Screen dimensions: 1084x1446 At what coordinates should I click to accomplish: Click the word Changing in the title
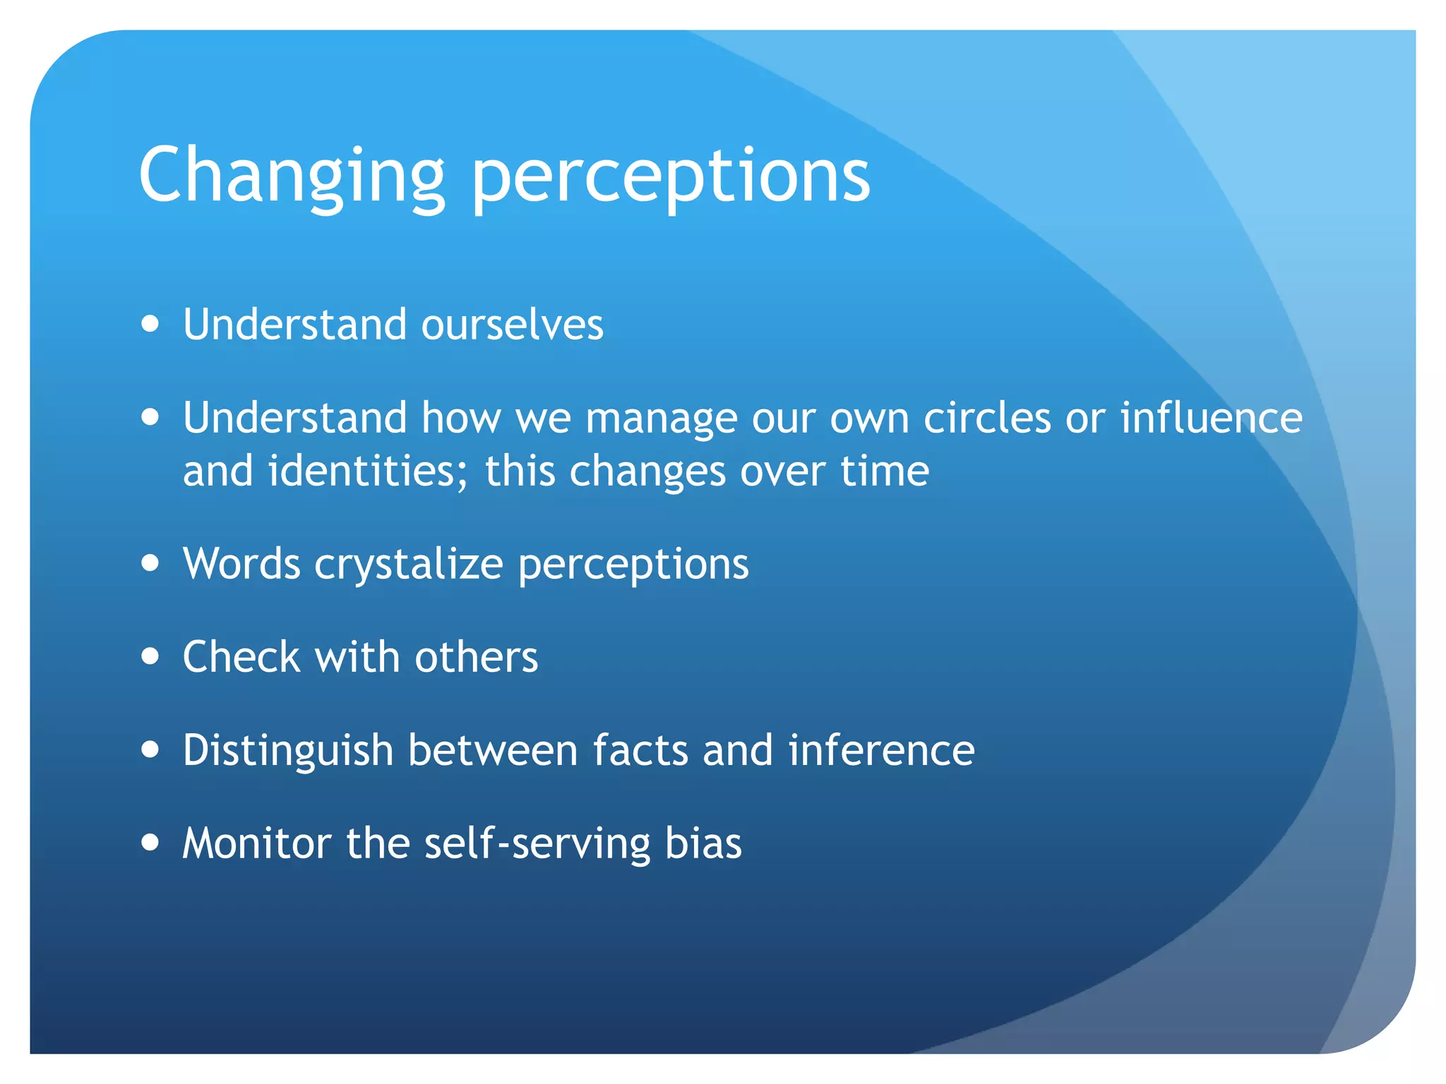[x=291, y=176]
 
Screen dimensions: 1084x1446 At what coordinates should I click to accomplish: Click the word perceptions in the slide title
[x=670, y=176]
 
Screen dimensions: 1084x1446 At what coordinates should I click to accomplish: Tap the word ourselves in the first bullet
[x=512, y=325]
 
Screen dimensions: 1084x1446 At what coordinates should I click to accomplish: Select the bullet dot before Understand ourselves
[x=150, y=324]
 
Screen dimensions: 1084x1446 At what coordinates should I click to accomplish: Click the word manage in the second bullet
[x=661, y=418]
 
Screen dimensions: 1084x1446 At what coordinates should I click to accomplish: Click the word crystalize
[x=409, y=565]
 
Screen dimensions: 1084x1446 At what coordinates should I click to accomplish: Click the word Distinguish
[x=288, y=750]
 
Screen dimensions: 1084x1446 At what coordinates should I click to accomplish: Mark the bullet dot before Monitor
[x=150, y=842]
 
